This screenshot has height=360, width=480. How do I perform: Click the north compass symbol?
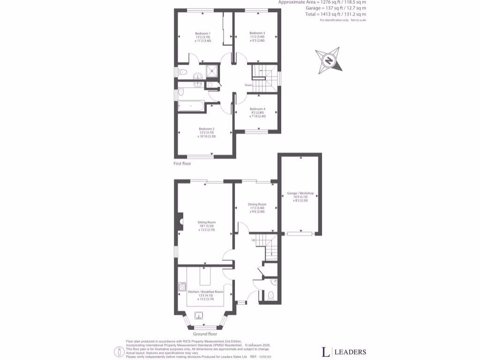pyautogui.click(x=329, y=60)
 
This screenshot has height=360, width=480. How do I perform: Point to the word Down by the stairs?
pyautogui.click(x=248, y=85)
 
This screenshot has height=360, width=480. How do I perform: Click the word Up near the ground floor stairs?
pyautogui.click(x=254, y=240)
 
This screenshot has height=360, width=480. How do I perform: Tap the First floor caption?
pyautogui.click(x=182, y=164)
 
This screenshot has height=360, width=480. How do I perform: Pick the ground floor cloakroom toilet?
pyautogui.click(x=270, y=295)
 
